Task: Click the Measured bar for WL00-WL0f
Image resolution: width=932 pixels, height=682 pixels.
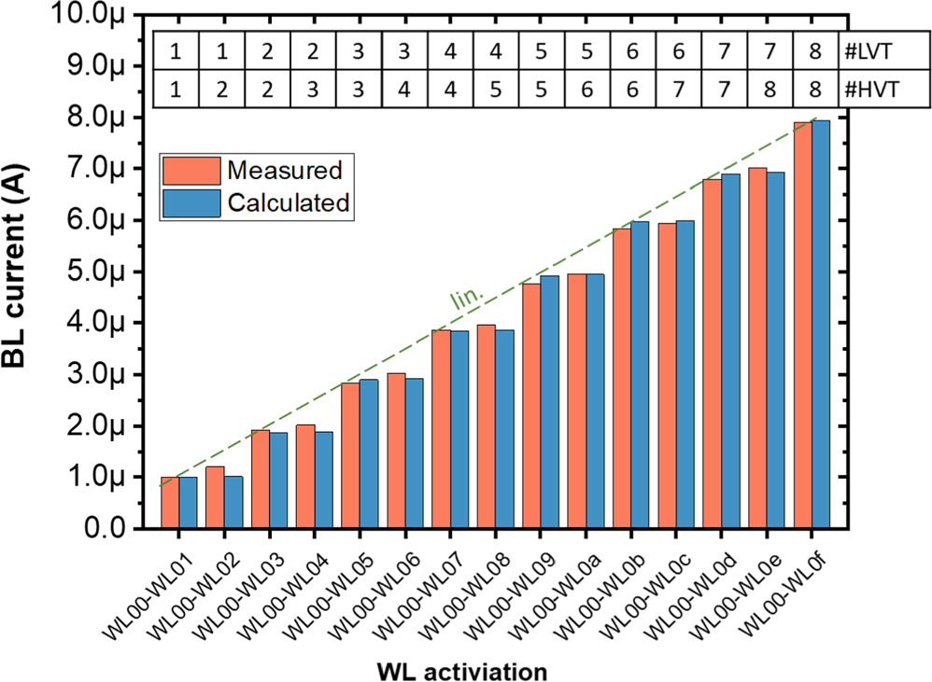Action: click(x=802, y=325)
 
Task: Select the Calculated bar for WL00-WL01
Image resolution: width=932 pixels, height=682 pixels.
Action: click(x=188, y=503)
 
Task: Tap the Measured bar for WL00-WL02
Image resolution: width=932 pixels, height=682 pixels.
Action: click(x=215, y=497)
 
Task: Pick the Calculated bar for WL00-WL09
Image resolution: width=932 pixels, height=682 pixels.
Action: click(x=549, y=402)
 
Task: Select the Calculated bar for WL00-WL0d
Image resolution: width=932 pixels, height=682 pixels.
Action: click(x=730, y=352)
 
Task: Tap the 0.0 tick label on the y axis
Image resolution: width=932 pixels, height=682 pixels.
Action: click(x=116, y=529)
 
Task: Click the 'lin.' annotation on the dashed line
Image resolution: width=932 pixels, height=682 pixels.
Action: click(x=465, y=299)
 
